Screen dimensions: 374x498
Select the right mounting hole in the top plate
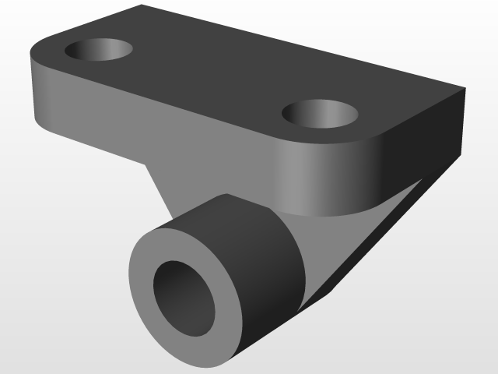[x=320, y=114]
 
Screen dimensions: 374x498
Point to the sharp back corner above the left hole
[x=142, y=5]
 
